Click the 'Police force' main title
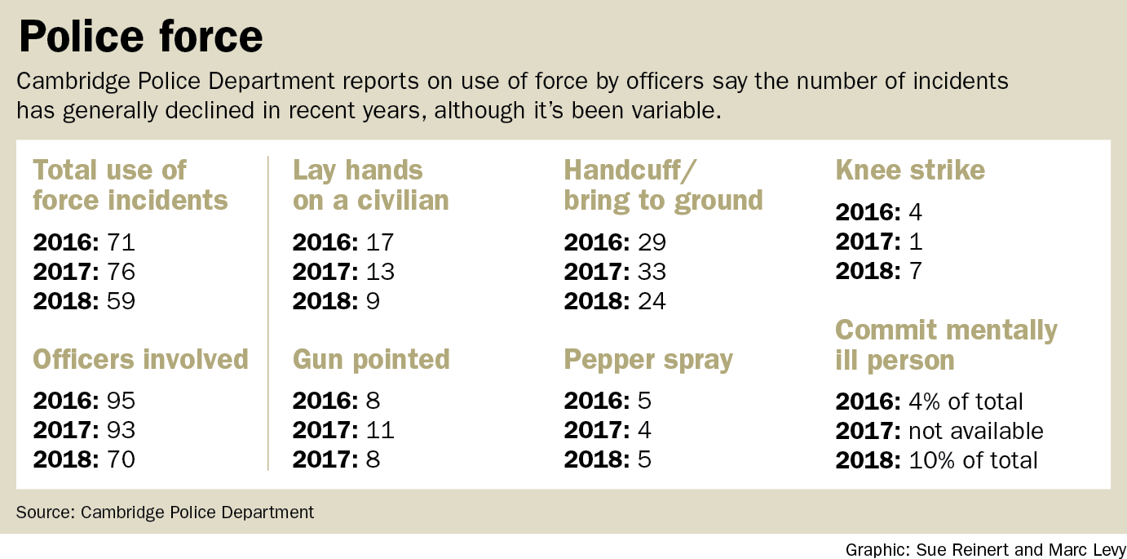point(140,36)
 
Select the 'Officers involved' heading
point(140,359)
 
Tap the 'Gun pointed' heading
point(371,359)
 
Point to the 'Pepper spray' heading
point(648,359)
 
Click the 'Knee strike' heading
point(910,170)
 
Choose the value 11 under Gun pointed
point(379,430)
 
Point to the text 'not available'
point(975,430)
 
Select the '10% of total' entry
point(973,459)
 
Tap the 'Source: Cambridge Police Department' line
point(165,512)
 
